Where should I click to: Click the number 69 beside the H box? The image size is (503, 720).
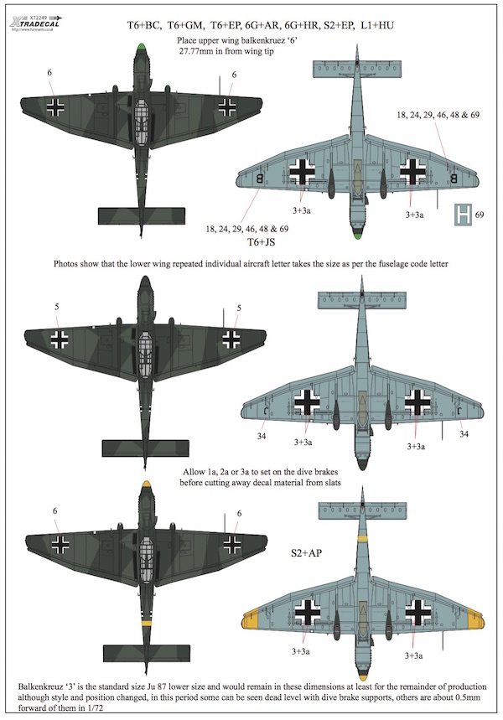coord(480,215)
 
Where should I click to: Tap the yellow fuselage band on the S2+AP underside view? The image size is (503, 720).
coord(363,536)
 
